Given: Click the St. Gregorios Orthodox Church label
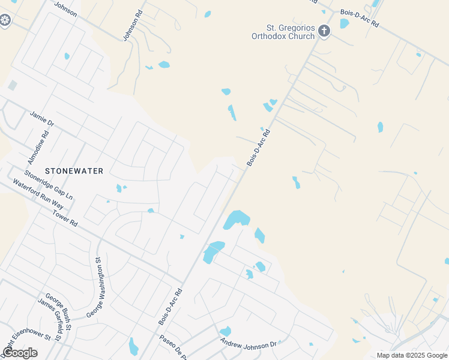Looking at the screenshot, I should tap(283, 32).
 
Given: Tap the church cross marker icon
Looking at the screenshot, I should tap(324, 31).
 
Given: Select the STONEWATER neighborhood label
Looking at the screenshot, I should tap(74, 171).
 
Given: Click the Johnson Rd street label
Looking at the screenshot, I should tap(133, 25).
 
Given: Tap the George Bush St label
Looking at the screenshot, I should tap(58, 312).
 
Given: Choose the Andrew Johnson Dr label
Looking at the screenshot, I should tap(248, 344).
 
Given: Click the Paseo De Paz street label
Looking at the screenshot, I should tap(175, 347).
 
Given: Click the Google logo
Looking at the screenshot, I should tap(20, 352).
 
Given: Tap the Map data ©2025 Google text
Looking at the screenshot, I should tap(412, 355).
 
